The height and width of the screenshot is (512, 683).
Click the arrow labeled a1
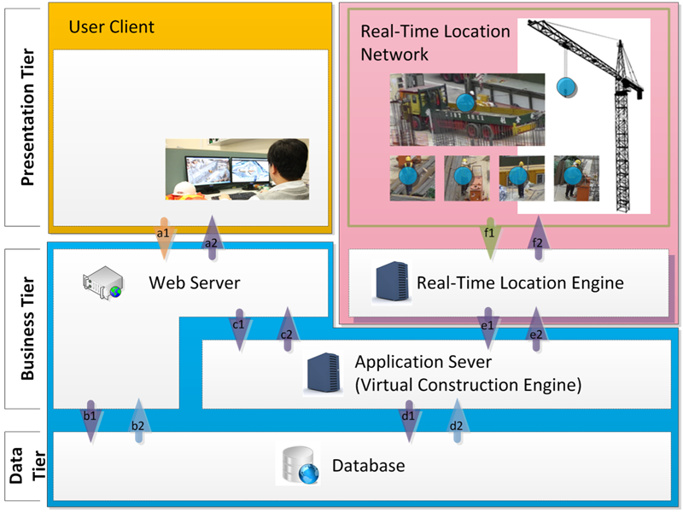163,239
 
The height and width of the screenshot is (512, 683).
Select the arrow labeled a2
211,238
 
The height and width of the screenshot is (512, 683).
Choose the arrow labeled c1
238,329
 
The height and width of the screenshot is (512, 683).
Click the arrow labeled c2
286,329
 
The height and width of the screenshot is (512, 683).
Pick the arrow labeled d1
409,420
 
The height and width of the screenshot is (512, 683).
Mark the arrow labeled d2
456,420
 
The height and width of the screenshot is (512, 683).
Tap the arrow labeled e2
537,329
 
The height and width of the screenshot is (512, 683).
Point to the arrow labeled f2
537,238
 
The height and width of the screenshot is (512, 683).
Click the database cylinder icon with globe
300,466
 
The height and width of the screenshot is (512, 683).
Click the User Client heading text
112,26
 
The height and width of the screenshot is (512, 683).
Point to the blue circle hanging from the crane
566,86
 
